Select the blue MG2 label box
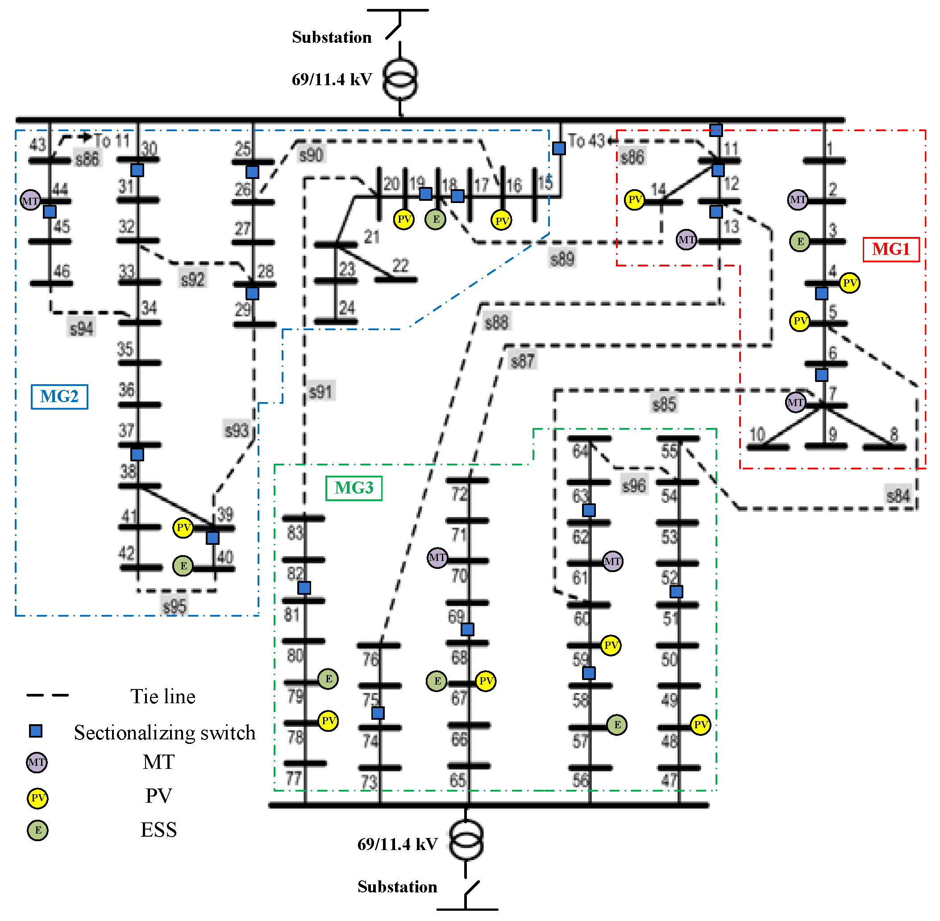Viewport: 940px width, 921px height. click(x=59, y=396)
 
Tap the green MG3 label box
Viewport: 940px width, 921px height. click(x=354, y=488)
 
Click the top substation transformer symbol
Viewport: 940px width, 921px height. click(x=400, y=79)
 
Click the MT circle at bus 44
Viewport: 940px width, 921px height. click(x=30, y=200)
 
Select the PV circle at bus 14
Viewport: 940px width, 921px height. click(x=634, y=199)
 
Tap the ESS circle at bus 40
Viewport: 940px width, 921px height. click(x=183, y=565)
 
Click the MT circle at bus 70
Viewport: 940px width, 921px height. click(x=437, y=558)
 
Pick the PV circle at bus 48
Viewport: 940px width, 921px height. click(x=700, y=724)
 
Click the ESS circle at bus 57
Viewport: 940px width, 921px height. click(x=617, y=724)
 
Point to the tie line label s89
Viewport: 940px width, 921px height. click(x=562, y=259)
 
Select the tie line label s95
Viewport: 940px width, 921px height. click(x=174, y=606)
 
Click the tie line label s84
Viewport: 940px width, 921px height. click(x=898, y=495)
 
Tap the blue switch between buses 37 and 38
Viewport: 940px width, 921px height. click(x=137, y=454)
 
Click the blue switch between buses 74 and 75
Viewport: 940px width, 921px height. click(x=378, y=713)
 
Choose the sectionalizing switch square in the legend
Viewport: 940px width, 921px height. click(x=36, y=730)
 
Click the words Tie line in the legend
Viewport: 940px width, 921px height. click(x=163, y=696)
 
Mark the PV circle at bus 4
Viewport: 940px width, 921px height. click(x=849, y=282)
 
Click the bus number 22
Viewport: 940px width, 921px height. click(x=400, y=265)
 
